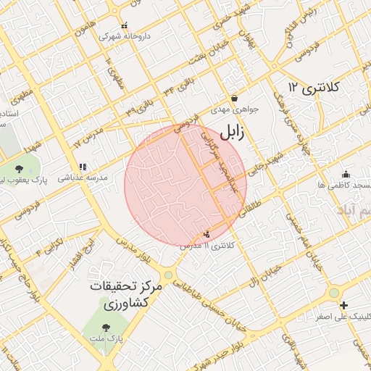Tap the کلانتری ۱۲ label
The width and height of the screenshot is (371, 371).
314,88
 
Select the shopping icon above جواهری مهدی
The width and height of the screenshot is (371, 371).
234,98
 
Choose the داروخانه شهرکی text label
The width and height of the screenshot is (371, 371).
120,36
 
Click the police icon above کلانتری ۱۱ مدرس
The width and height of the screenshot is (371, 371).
208,234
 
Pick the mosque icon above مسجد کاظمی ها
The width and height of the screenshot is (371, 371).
346,174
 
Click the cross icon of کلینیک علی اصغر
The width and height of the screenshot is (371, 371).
343,305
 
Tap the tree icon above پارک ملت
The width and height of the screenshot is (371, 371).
107,328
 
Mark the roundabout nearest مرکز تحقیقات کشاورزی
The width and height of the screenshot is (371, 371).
169,275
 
